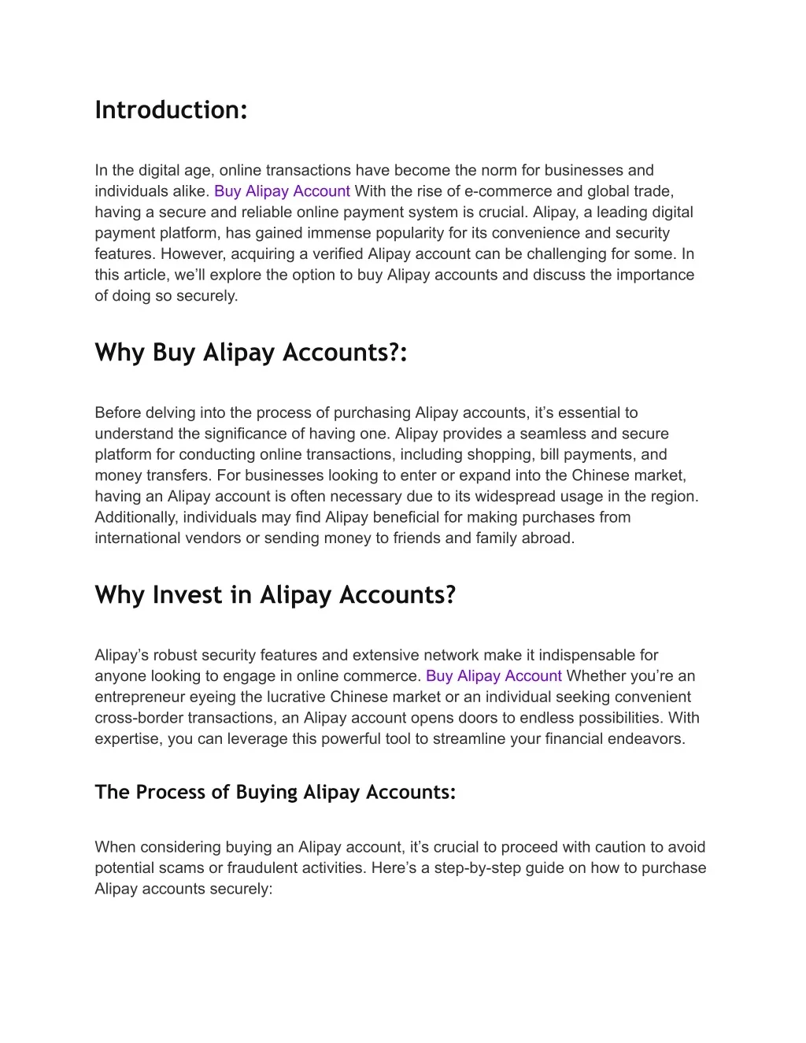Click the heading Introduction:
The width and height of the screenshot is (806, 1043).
point(171,109)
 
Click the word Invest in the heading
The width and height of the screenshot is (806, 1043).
point(187,594)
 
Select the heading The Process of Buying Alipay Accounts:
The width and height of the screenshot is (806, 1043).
point(275,792)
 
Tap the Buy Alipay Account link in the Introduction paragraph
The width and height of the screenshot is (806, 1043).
point(282,191)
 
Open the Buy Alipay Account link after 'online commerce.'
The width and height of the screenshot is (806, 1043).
point(494,676)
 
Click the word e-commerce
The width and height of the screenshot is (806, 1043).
point(502,191)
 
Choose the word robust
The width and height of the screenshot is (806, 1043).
point(175,655)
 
